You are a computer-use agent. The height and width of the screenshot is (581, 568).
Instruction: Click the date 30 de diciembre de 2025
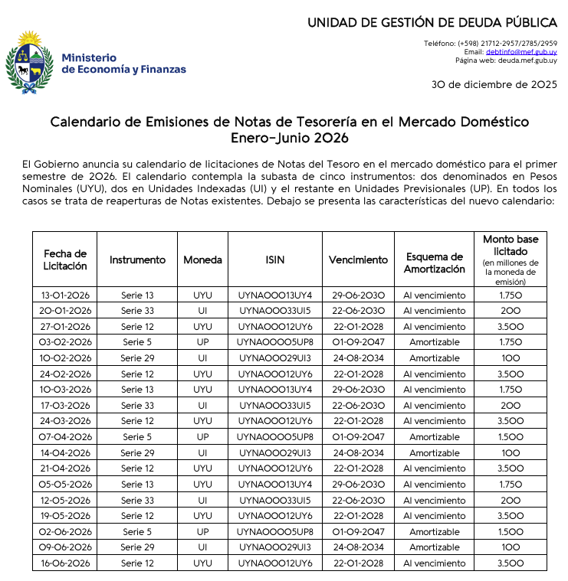[494, 84]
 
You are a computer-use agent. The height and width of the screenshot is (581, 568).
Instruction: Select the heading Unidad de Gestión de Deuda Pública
[432, 22]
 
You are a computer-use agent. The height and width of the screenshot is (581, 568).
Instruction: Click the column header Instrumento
[137, 259]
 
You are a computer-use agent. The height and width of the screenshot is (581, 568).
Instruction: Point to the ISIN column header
[274, 259]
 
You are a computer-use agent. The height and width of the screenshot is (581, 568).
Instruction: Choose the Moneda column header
[202, 259]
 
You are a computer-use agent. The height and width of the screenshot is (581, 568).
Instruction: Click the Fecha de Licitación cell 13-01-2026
[65, 295]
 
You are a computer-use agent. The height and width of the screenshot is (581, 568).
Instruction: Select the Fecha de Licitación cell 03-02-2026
[65, 342]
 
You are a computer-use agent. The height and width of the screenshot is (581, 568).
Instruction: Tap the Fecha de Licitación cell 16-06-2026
[65, 563]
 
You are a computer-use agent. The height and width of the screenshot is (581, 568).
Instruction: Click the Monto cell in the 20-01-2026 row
[510, 311]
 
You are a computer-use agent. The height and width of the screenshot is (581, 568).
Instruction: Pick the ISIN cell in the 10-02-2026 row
[274, 358]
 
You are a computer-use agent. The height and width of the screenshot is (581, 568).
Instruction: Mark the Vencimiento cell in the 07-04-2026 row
[358, 436]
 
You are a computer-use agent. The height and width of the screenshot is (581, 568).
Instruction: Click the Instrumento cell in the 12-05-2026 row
[137, 500]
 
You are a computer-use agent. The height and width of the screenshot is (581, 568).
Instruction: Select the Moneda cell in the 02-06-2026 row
[202, 531]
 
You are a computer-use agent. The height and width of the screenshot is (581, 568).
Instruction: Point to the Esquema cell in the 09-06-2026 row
[434, 547]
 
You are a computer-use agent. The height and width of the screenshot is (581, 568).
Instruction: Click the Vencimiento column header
[358, 259]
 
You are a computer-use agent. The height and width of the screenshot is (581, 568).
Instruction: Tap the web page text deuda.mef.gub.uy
[528, 60]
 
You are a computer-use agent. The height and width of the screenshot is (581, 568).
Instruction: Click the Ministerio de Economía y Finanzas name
[123, 64]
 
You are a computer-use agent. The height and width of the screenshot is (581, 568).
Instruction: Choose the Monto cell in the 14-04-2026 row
[510, 452]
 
